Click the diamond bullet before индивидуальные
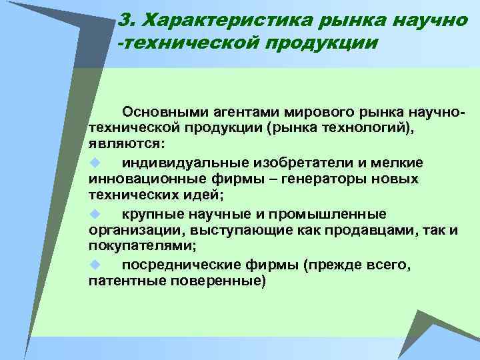[x=94, y=162]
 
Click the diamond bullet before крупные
[x=94, y=213]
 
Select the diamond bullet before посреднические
[x=94, y=265]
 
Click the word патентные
[x=121, y=282]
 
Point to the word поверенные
[x=211, y=282]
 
